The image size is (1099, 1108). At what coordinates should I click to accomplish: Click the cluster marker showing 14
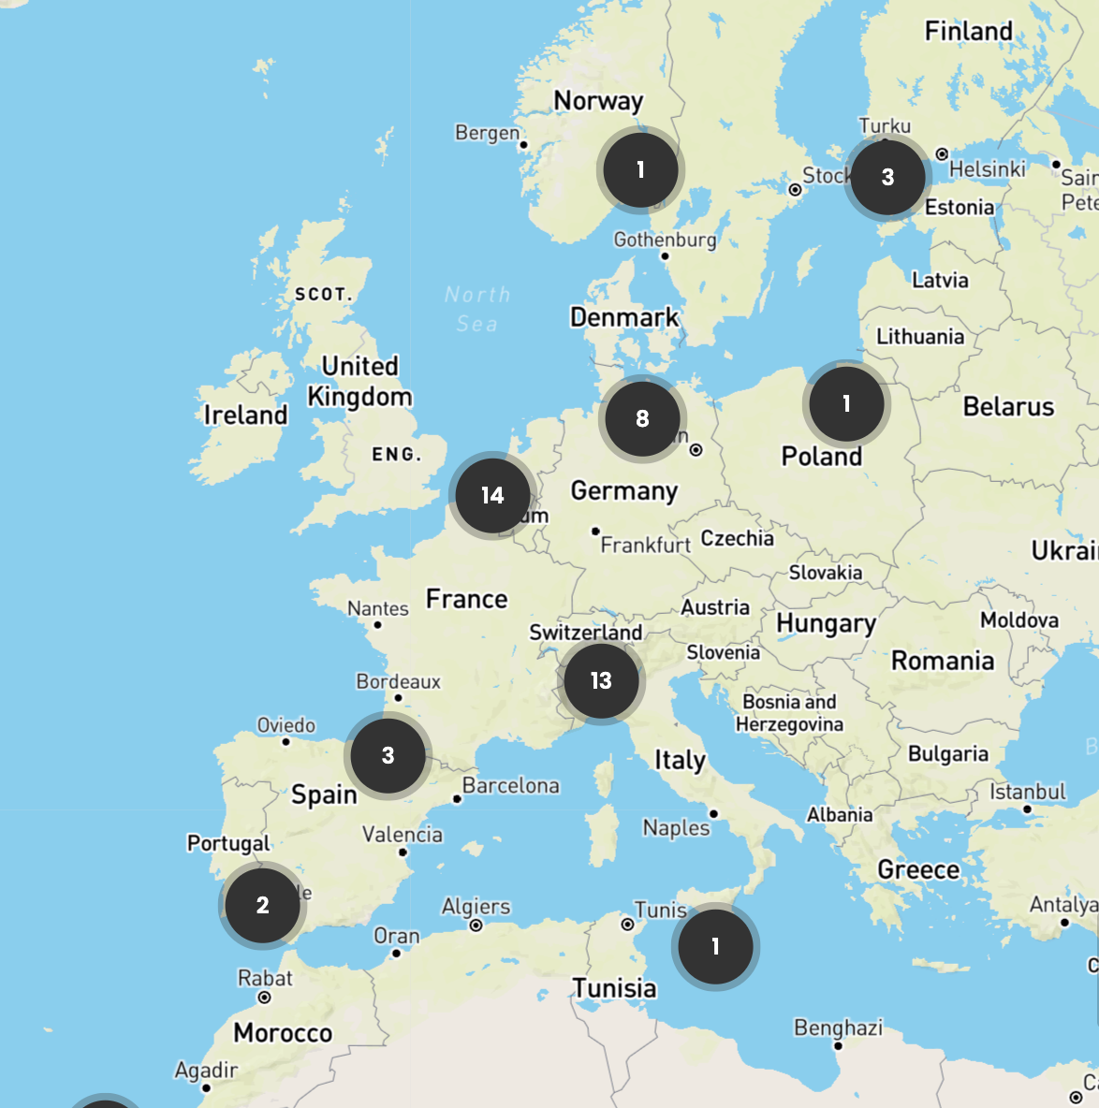pyautogui.click(x=492, y=496)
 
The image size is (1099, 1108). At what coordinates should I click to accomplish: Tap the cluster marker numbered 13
pyautogui.click(x=601, y=681)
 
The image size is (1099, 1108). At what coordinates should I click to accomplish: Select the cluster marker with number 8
pyautogui.click(x=642, y=419)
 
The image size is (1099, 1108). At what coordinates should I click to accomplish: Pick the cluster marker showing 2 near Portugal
pyautogui.click(x=262, y=905)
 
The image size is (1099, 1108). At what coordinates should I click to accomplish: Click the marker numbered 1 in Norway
pyautogui.click(x=640, y=170)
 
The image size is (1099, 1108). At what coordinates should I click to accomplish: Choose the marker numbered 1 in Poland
pyautogui.click(x=846, y=404)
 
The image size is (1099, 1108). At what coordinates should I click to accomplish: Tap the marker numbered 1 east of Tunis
pyautogui.click(x=715, y=947)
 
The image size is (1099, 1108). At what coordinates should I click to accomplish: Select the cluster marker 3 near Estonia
pyautogui.click(x=887, y=177)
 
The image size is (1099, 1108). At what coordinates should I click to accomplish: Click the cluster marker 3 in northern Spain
pyautogui.click(x=388, y=755)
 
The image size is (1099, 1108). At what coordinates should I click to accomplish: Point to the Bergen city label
pyautogui.click(x=487, y=133)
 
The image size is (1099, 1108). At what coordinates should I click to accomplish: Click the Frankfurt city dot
pyautogui.click(x=595, y=532)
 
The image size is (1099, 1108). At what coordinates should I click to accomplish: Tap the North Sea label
pyautogui.click(x=477, y=309)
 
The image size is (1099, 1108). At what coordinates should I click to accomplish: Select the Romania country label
pyautogui.click(x=942, y=661)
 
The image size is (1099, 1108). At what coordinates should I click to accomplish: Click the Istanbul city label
pyautogui.click(x=1028, y=793)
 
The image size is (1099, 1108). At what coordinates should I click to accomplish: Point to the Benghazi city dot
pyautogui.click(x=838, y=1046)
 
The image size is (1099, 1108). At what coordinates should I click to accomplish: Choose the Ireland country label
pyautogui.click(x=245, y=415)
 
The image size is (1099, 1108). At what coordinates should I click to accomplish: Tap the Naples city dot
pyautogui.click(x=713, y=814)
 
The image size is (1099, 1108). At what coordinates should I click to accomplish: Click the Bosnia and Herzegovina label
pyautogui.click(x=789, y=713)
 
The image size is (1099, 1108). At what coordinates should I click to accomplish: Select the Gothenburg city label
pyautogui.click(x=665, y=240)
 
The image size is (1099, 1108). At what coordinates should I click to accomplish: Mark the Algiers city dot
pyautogui.click(x=476, y=926)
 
